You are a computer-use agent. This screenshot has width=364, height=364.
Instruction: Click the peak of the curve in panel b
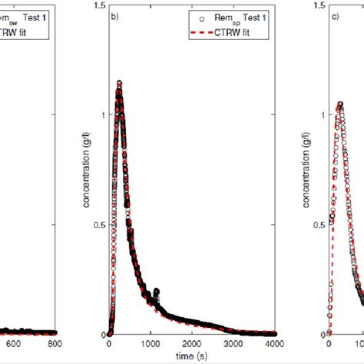pyautogui.click(x=119, y=83)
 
